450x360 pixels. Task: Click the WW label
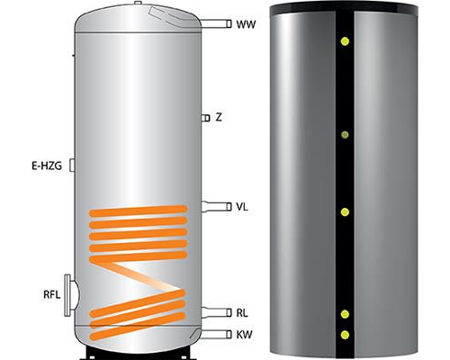246,24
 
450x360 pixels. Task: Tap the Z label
219,117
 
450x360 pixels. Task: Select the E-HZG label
47,166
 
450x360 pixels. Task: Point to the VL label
242,207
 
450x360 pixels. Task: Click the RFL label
52,294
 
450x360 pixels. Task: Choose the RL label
242,313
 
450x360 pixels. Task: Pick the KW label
244,334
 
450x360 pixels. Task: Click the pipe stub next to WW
215,23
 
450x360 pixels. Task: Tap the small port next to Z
205,118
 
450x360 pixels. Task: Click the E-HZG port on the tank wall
72,166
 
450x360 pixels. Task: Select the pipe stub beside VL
216,207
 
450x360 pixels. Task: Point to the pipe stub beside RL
216,312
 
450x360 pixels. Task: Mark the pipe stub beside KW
215,334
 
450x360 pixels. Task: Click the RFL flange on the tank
71,295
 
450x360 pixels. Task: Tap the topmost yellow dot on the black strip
345,41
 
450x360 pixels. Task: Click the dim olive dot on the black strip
345,135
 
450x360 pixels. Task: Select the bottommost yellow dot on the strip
345,335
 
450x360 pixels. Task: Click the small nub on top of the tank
138,3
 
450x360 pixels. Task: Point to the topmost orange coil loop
139,211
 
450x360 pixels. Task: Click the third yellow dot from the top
345,212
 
